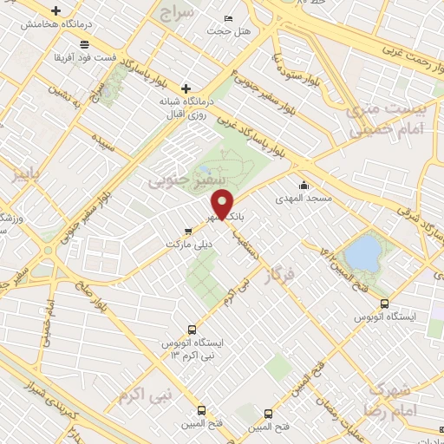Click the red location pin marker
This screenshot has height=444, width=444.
pos(223,204)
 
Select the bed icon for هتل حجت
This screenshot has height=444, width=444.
pos(228,19)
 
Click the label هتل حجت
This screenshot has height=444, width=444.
pos(228,32)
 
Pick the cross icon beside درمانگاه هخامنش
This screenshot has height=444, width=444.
pos(56,12)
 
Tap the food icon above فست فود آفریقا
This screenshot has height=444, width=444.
pos(83,44)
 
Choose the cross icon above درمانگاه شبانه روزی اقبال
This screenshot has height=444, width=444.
pos(186,88)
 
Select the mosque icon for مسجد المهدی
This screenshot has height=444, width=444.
pos(304,185)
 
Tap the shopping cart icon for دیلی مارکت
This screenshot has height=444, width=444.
pos(188,232)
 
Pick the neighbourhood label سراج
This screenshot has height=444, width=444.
pos(178,11)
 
